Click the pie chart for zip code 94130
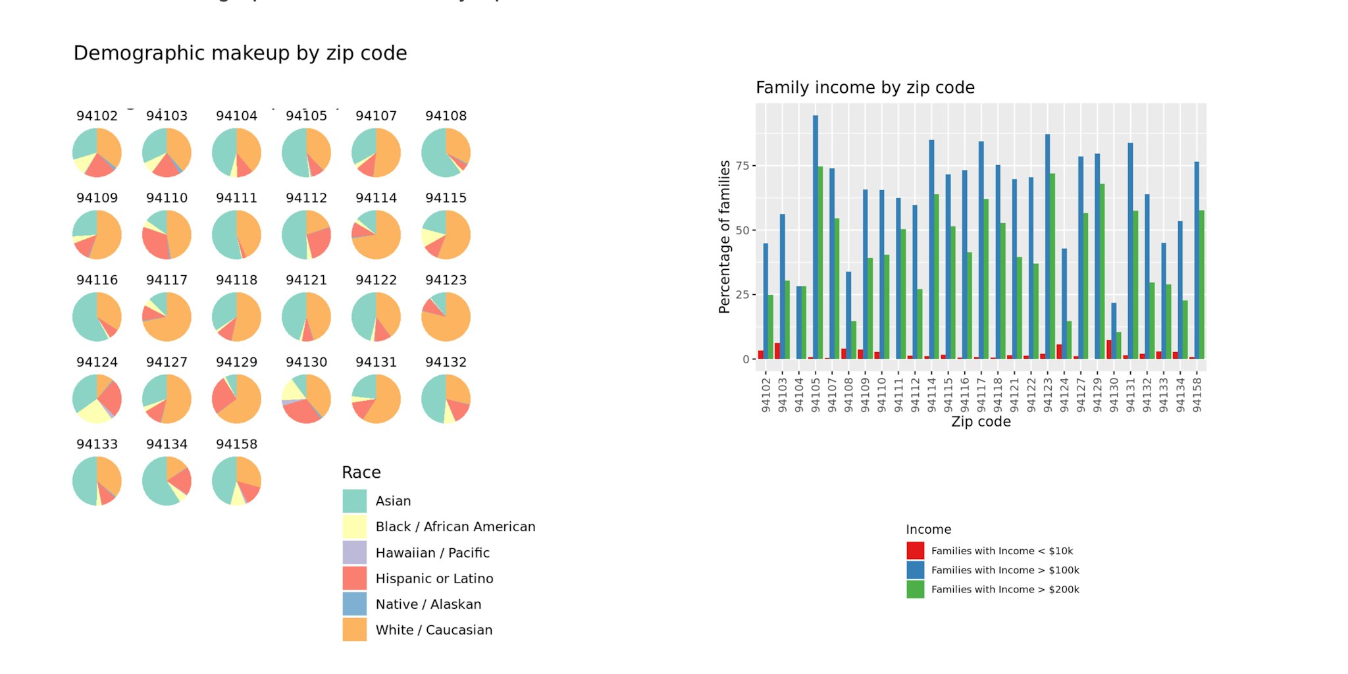pyautogui.click(x=306, y=399)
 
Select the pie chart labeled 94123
pyautogui.click(x=446, y=317)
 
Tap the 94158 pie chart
pyautogui.click(x=236, y=481)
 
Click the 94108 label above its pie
pyautogui.click(x=446, y=116)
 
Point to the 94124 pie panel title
pyautogui.click(x=97, y=362)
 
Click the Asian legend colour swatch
pyautogui.click(x=354, y=501)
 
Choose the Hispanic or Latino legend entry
pyautogui.click(x=434, y=579)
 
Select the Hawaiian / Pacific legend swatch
pyautogui.click(x=354, y=553)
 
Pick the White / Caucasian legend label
pyautogui.click(x=434, y=630)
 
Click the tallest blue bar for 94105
pyautogui.click(x=816, y=237)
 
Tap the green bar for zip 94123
pyautogui.click(x=1052, y=266)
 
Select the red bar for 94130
pyautogui.click(x=1109, y=350)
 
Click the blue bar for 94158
pyautogui.click(x=1197, y=260)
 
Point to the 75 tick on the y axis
pyautogui.click(x=742, y=165)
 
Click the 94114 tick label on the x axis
pyautogui.click(x=931, y=394)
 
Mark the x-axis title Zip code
pyautogui.click(x=981, y=422)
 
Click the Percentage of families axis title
pyautogui.click(x=725, y=237)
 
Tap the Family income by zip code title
pyautogui.click(x=865, y=88)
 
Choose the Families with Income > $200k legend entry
pyautogui.click(x=1004, y=590)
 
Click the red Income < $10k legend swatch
pyautogui.click(x=915, y=551)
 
